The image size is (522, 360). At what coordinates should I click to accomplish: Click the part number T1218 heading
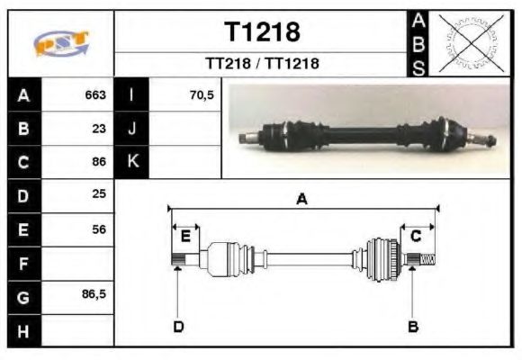pos(262,32)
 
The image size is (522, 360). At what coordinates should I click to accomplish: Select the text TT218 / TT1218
pos(262,64)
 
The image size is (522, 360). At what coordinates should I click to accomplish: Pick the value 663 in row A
pos(95,94)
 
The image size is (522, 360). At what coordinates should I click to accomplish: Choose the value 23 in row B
pos(99,129)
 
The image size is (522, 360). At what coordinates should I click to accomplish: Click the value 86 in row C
pos(99,163)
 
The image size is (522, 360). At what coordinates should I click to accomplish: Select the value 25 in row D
pos(99,195)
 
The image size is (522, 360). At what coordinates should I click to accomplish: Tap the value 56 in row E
pos(99,229)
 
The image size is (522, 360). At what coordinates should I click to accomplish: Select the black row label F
pos(23,264)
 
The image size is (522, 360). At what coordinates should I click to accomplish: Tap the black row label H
pos(23,330)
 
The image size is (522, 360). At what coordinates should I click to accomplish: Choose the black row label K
pos(132,162)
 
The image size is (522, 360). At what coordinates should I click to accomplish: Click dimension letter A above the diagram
pos(302,200)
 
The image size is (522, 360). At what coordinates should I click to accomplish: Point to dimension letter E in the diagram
pos(185,236)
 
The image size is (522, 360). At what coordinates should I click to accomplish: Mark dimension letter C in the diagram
pos(416,236)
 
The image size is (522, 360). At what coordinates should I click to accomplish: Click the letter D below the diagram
pos(178,326)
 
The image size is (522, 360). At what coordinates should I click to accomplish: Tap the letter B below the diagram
pos(413,326)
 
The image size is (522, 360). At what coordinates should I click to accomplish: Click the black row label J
pos(132,129)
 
